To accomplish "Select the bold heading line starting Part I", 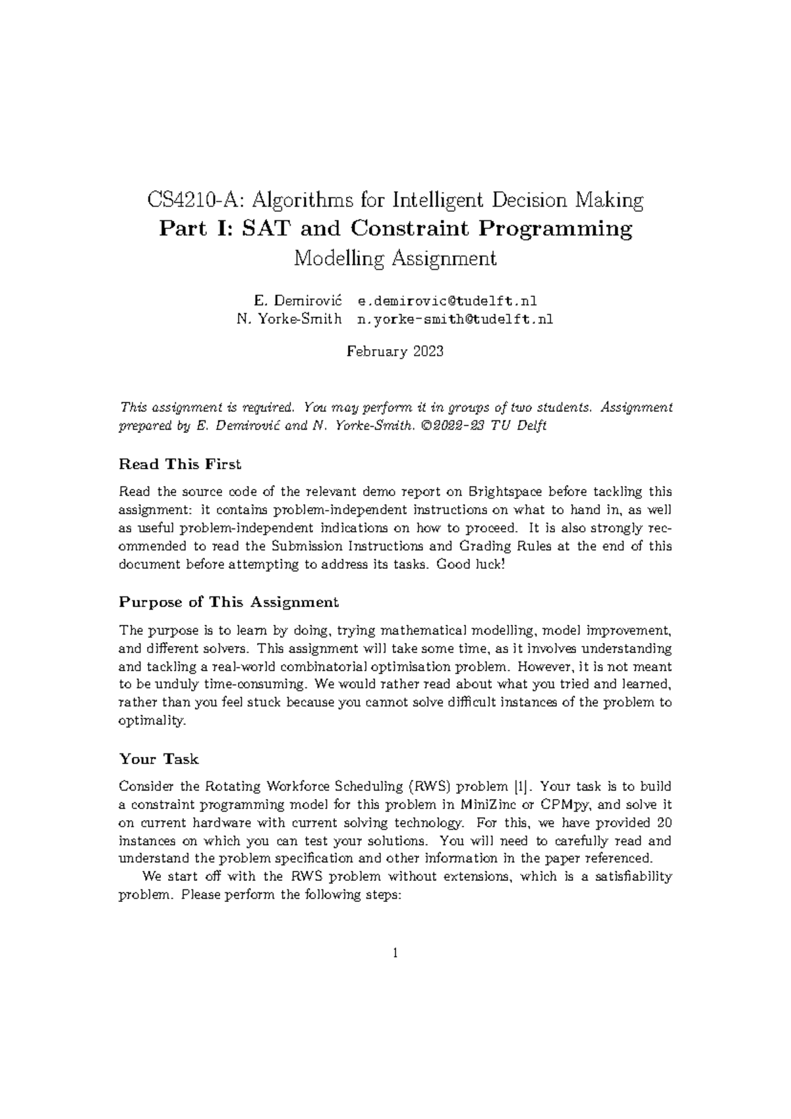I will click(x=395, y=229).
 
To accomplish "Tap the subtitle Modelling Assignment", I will click(x=395, y=258).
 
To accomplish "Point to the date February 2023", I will click(x=395, y=351).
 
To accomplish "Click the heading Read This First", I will click(x=180, y=464).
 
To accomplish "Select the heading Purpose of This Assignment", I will click(x=229, y=602).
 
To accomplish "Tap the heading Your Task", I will click(x=158, y=759).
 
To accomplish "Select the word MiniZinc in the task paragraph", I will click(x=486, y=804).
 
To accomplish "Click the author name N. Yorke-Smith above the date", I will click(x=289, y=320).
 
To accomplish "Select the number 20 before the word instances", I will click(x=664, y=823).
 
